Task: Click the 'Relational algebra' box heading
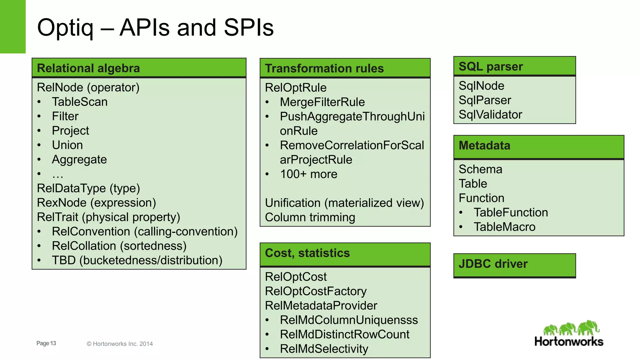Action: pos(88,68)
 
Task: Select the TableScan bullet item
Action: pos(80,102)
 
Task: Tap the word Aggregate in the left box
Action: pos(79,160)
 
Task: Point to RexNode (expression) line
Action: pos(96,203)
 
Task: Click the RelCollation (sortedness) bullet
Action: pos(119,246)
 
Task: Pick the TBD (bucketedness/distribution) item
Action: pos(137,260)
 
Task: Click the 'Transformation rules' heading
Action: pos(324,68)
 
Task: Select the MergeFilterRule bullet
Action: pos(322,102)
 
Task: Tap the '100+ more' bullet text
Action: pos(308,174)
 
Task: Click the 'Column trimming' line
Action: pos(310,217)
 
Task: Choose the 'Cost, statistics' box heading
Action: pos(307,253)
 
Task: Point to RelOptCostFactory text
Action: pos(316,291)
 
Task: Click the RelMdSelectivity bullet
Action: pos(324,349)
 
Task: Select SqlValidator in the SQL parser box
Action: pos(490,115)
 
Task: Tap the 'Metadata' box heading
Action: pos(484,146)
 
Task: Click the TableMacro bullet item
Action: pos(504,227)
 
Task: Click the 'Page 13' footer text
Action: pos(46,343)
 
